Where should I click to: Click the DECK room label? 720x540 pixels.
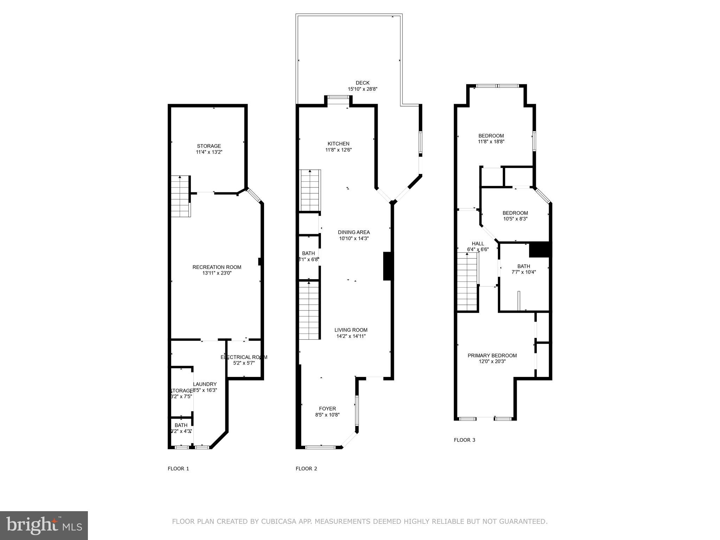click(x=362, y=83)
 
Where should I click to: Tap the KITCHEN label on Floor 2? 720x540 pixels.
click(x=338, y=143)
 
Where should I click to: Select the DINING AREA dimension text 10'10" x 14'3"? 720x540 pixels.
click(x=354, y=238)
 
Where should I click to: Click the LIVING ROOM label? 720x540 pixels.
click(x=351, y=330)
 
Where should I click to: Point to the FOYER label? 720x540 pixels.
click(x=327, y=409)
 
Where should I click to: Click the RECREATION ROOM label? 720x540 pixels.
click(x=217, y=267)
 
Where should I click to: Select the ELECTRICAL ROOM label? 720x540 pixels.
click(x=244, y=357)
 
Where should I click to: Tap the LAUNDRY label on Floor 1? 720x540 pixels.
click(x=205, y=384)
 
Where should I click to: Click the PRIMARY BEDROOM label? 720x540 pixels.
click(x=492, y=355)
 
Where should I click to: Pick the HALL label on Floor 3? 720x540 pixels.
click(x=477, y=244)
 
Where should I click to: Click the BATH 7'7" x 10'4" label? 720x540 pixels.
click(x=523, y=266)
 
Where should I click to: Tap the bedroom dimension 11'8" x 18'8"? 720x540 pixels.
click(x=491, y=142)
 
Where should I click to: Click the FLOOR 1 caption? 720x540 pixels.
click(x=178, y=468)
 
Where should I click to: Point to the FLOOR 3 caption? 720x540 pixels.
click(x=464, y=440)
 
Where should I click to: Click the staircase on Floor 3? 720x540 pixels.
click(x=467, y=283)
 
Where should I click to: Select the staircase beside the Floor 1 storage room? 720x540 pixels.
click(x=180, y=197)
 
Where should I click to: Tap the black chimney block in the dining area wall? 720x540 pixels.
click(x=387, y=266)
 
